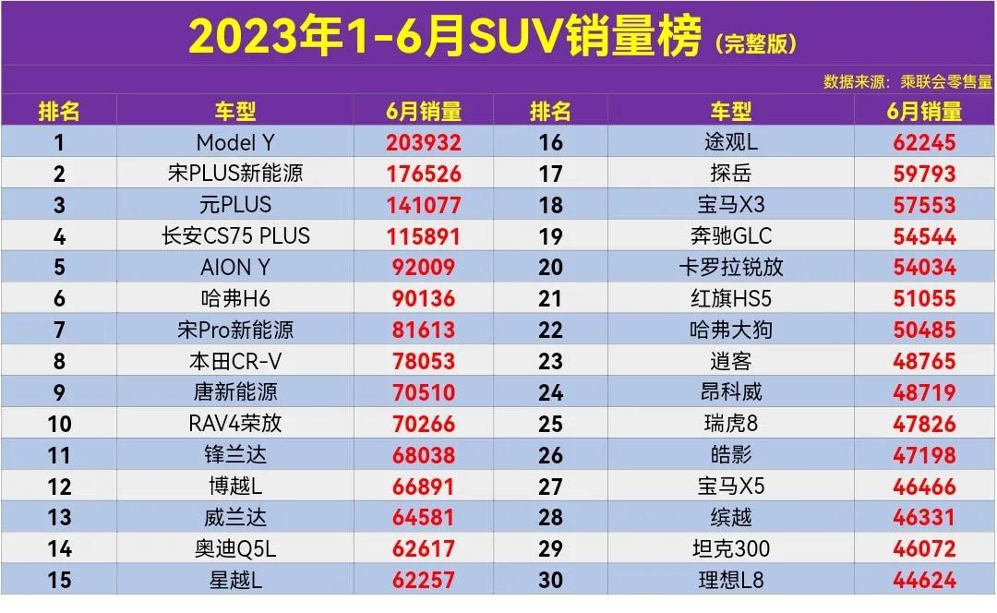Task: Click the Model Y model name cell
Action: (x=234, y=142)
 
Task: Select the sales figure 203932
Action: (x=423, y=142)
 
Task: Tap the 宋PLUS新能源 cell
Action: (x=234, y=174)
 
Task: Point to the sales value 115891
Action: (x=423, y=236)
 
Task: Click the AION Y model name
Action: (x=234, y=268)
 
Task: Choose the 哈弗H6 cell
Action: (x=234, y=298)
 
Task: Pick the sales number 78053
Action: (x=423, y=361)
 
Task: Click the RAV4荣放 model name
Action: (x=234, y=424)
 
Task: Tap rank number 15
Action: (x=59, y=581)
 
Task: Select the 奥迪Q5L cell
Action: (x=234, y=549)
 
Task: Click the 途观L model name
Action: (x=730, y=142)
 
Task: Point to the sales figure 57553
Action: (x=924, y=205)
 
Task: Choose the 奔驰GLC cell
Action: (x=730, y=236)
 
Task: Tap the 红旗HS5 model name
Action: (x=730, y=298)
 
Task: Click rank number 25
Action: (x=550, y=424)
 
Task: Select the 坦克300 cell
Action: (x=730, y=549)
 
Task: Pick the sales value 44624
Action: (x=924, y=581)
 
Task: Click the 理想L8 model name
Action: (x=730, y=581)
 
